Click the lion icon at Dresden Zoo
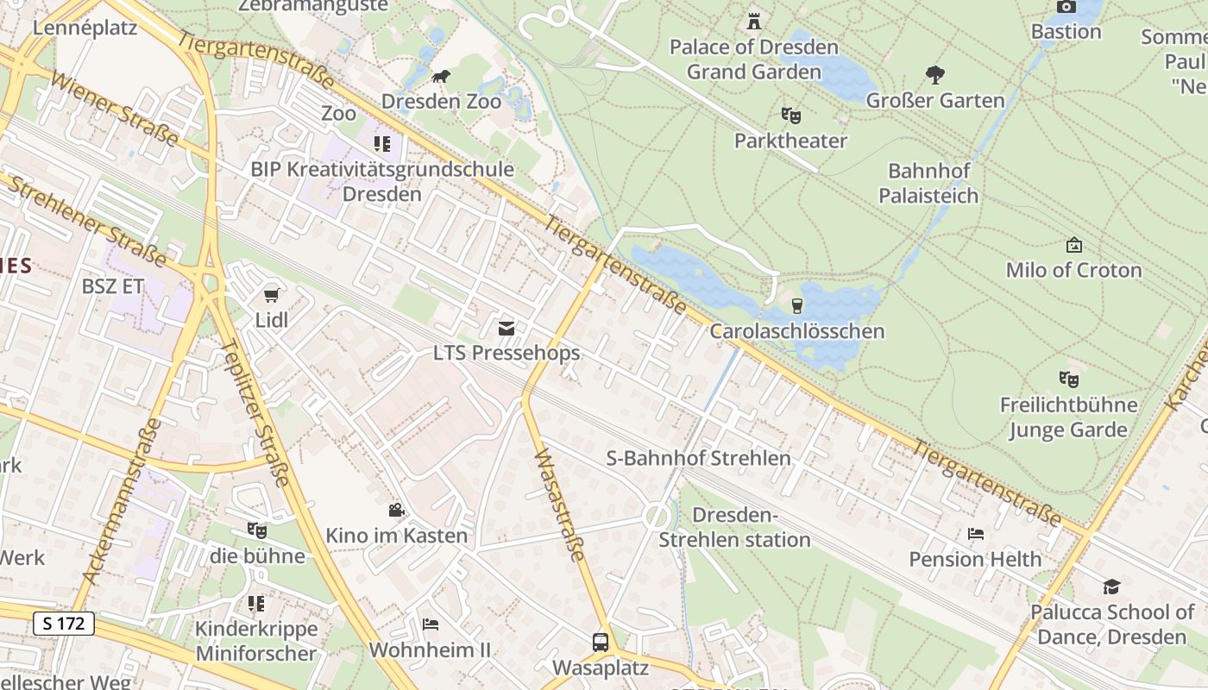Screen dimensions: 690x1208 (441, 78)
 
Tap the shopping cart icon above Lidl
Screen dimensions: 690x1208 (272, 295)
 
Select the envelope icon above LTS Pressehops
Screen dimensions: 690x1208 (506, 328)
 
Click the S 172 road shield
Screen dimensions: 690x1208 (64, 623)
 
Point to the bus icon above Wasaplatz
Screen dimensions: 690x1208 (600, 643)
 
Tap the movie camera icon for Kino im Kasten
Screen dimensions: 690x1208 (396, 510)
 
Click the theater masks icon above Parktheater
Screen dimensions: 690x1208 (790, 115)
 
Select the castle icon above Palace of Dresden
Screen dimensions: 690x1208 (754, 21)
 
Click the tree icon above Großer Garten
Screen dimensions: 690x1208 (935, 75)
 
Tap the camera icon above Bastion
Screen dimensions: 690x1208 (1066, 7)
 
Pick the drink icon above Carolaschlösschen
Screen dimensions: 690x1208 (796, 305)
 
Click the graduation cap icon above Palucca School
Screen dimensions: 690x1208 (1111, 587)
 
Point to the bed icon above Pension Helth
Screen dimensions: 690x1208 (976, 534)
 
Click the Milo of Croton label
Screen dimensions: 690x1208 (1073, 270)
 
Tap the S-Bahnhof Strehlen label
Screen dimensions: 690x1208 (698, 458)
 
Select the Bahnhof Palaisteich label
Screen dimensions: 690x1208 (928, 183)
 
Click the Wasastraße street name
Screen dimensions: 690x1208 (560, 505)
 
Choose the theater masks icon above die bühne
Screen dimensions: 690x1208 (256, 530)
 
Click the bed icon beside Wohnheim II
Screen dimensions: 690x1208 (431, 624)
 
